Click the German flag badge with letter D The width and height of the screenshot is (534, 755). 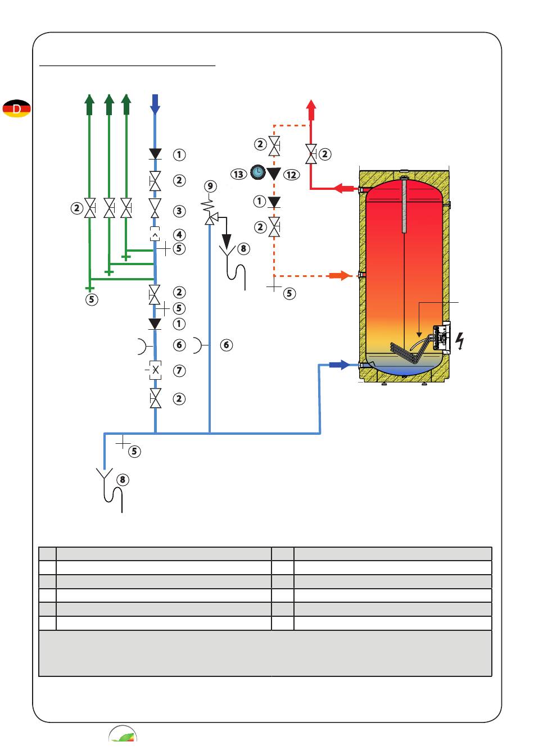(16, 108)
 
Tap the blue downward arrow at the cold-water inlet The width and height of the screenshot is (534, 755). (155, 104)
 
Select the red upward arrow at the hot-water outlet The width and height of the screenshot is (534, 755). (311, 110)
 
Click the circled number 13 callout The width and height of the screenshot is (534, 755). (238, 174)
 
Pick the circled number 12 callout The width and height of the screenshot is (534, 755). (291, 175)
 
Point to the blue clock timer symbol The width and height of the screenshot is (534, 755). (258, 172)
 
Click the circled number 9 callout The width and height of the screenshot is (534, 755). (210, 186)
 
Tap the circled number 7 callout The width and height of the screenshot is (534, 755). (179, 370)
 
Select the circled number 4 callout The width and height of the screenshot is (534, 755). (179, 234)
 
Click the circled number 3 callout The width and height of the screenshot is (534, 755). (179, 211)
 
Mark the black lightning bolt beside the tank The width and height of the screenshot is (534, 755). (459, 341)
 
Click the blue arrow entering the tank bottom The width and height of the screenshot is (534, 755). (339, 365)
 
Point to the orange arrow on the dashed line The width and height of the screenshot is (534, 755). (340, 275)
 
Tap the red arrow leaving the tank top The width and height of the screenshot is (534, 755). (344, 188)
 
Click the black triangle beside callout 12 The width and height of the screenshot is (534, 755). (274, 174)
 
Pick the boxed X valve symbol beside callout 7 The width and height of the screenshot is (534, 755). (155, 370)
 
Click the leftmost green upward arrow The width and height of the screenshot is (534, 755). (89, 104)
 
